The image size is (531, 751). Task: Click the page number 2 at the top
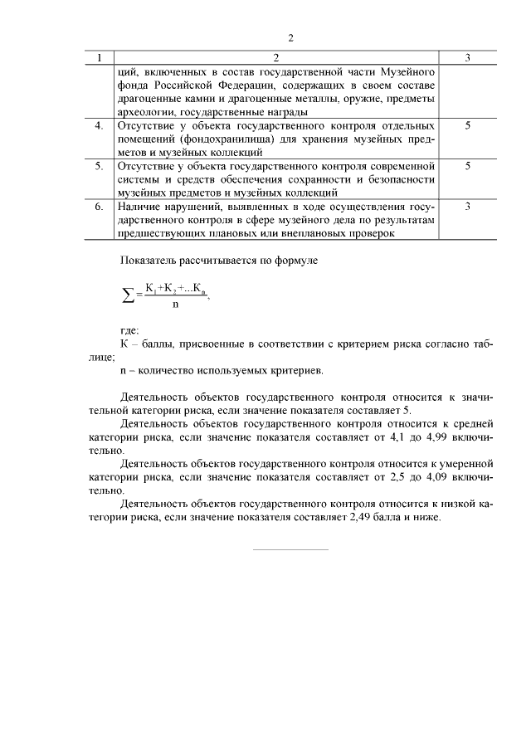[290, 38]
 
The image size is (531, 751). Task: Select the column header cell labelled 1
[100, 58]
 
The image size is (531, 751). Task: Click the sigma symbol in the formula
[129, 295]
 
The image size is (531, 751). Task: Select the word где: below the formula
[130, 330]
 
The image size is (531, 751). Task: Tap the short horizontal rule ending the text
[290, 549]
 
